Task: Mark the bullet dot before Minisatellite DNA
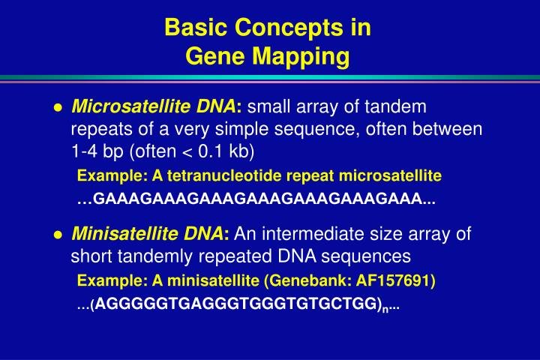[x=57, y=235]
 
